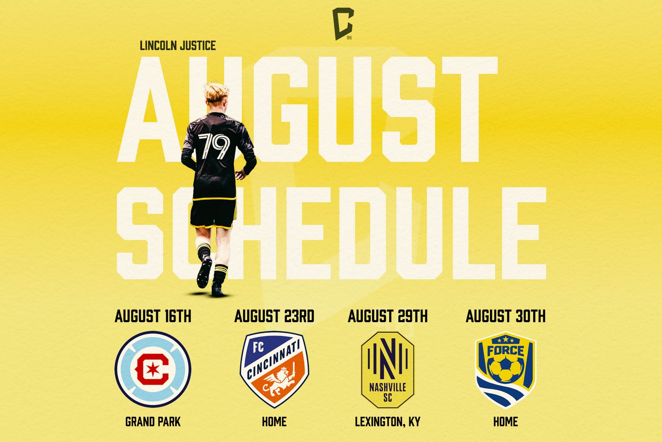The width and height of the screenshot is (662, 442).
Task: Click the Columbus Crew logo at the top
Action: click(x=343, y=24)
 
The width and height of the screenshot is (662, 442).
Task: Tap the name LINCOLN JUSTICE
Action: click(x=177, y=46)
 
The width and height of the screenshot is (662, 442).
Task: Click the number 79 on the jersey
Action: click(x=214, y=146)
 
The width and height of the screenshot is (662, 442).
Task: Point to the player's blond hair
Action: click(x=217, y=92)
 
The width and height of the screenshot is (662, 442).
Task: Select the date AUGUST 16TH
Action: click(x=153, y=316)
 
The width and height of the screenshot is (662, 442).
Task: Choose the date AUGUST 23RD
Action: click(x=274, y=316)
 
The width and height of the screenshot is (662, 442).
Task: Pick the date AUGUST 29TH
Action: click(x=387, y=316)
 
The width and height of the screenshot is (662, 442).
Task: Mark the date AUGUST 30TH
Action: click(x=505, y=316)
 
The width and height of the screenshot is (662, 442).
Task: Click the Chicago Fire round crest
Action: click(x=153, y=369)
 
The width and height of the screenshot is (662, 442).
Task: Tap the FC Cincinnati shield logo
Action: click(x=274, y=369)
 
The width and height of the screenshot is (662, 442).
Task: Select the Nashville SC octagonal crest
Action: click(x=387, y=370)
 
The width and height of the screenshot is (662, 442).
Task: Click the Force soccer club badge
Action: click(x=505, y=370)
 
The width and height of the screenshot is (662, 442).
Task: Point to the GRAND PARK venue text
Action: click(x=153, y=422)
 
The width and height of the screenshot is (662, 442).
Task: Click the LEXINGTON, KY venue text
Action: click(x=387, y=422)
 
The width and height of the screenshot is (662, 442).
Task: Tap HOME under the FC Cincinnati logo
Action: click(x=274, y=422)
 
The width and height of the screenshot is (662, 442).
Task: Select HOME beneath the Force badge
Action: click(x=505, y=422)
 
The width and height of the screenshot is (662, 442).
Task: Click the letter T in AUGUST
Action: click(x=470, y=110)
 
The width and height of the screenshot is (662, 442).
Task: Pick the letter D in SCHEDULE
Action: click(x=362, y=233)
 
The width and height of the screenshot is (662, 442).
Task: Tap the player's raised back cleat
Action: click(x=204, y=272)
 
